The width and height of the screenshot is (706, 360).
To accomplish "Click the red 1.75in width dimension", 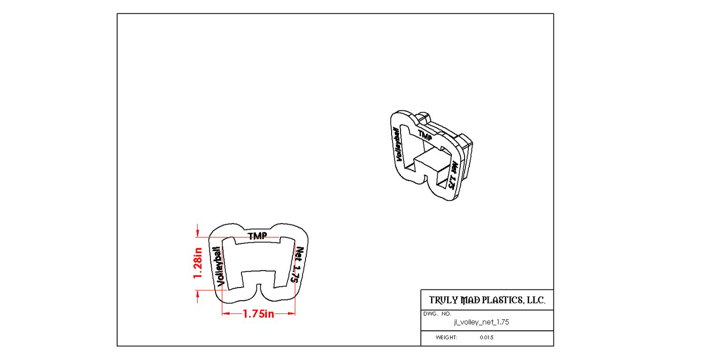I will (258, 314).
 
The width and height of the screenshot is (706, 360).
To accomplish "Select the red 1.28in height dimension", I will (198, 263).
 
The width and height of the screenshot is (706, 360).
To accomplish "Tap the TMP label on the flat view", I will (257, 236).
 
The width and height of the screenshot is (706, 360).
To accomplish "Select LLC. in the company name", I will (537, 300).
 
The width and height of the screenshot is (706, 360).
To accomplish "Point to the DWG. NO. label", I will (437, 313).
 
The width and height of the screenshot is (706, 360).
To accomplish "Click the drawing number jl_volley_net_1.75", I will (481, 322).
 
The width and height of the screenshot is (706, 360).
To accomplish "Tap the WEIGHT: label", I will (447, 337).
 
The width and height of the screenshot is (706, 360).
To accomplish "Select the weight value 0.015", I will (487, 337).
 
